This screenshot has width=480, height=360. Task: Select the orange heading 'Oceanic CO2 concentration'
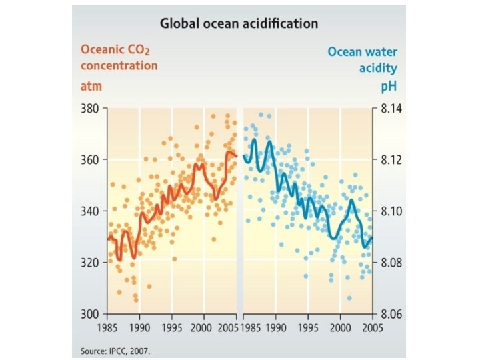coord(119,58)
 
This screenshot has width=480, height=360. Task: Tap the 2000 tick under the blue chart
coord(340,327)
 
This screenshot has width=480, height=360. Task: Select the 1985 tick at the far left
coord(108,327)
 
